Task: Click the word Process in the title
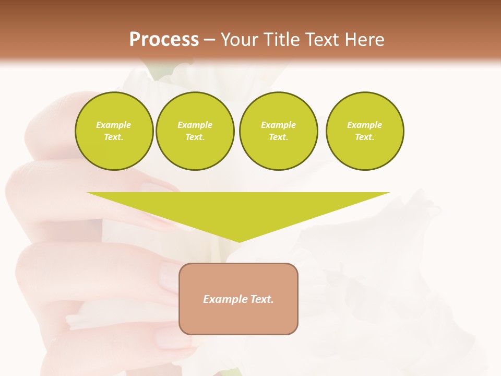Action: [x=164, y=40]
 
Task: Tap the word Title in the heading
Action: [x=281, y=40]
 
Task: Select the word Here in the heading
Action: [x=364, y=40]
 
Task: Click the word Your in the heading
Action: [x=240, y=40]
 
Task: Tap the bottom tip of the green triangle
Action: [x=240, y=241]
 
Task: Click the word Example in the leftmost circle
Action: [x=114, y=125]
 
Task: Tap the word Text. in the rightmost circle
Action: [x=364, y=137]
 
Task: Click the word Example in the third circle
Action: [x=278, y=125]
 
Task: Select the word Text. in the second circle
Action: [x=195, y=137]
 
